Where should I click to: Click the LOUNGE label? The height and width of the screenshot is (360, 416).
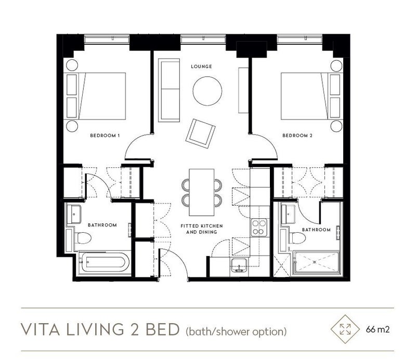tap(201, 66)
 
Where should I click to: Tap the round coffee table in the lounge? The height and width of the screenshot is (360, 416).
tap(207, 91)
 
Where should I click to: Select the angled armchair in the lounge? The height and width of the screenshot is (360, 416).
tap(200, 134)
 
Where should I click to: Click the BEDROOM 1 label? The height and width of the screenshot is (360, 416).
tap(105, 136)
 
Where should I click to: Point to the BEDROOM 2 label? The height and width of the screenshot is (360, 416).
tap(297, 136)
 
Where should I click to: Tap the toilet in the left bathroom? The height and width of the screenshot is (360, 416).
tap(82, 238)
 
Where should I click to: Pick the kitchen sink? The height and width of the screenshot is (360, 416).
tap(239, 265)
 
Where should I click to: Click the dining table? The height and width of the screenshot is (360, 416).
tap(202, 192)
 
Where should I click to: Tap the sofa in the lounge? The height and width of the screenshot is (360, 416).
tap(169, 90)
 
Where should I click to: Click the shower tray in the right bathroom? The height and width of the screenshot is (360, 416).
tap(316, 262)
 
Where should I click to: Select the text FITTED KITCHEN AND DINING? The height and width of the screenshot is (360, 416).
tap(202, 229)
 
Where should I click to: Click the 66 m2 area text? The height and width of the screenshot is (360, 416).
tap(378, 329)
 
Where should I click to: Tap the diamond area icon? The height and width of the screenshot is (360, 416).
tap(345, 329)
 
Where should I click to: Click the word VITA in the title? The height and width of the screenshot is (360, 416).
tap(40, 329)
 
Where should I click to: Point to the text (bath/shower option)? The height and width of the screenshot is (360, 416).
tap(237, 331)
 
